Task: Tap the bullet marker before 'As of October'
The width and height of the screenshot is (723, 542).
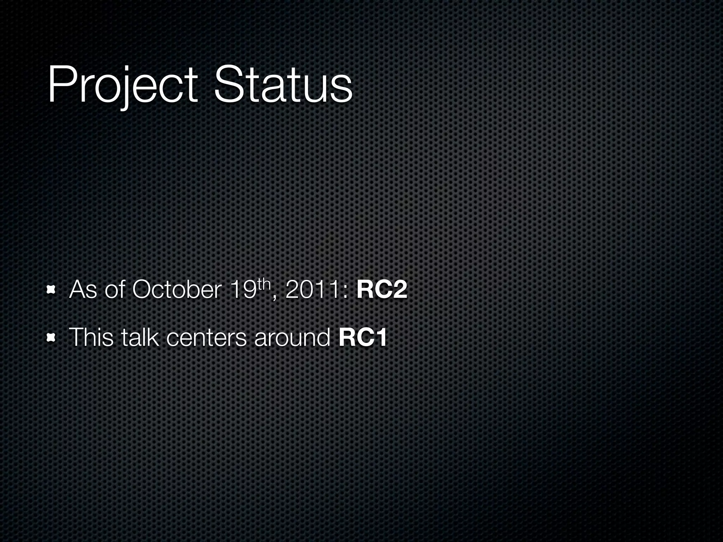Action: point(52,290)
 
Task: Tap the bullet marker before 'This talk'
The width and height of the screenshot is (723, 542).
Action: point(52,338)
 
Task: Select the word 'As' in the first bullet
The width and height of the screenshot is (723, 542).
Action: point(83,290)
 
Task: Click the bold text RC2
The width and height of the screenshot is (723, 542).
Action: point(382,290)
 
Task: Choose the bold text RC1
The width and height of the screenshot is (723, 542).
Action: point(363,338)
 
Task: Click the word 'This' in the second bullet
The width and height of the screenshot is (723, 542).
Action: point(91,338)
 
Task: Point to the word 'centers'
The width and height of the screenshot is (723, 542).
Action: point(206,338)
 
